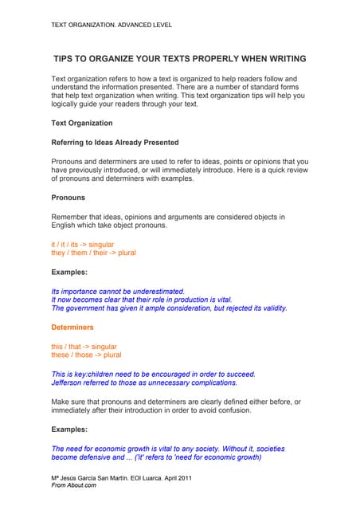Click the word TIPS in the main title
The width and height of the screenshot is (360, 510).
(65, 59)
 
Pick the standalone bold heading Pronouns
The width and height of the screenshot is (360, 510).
(68, 197)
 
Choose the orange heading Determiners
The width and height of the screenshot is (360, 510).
(72, 328)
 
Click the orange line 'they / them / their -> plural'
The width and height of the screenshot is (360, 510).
(93, 253)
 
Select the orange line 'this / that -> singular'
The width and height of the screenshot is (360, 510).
(84, 347)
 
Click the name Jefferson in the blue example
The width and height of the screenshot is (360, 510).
(72, 383)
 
